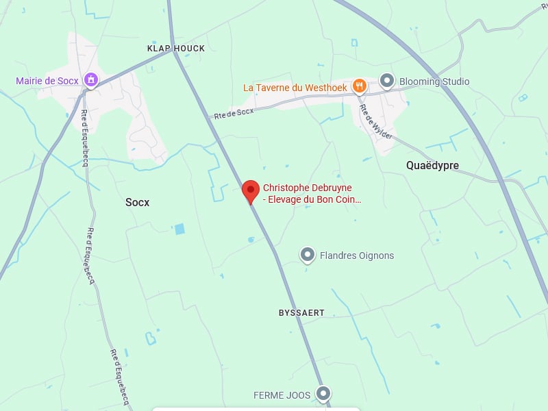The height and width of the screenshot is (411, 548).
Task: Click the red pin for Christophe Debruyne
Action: (x=251, y=190)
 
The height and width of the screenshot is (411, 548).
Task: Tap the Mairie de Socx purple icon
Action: (x=90, y=80)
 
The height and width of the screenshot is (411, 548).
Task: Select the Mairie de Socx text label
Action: (x=47, y=81)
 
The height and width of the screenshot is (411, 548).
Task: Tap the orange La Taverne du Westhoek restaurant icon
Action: (x=359, y=86)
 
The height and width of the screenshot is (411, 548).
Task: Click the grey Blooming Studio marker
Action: (x=387, y=81)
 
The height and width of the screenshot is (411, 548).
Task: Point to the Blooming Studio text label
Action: (x=434, y=82)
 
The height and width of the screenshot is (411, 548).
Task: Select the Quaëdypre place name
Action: (x=432, y=165)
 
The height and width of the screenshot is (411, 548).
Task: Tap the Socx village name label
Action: (x=137, y=202)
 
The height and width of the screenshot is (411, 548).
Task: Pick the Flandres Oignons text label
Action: (x=357, y=256)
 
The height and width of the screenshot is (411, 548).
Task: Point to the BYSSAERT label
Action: (x=301, y=312)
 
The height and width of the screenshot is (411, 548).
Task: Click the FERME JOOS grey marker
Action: (x=323, y=393)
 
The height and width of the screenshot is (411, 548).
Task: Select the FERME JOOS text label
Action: (x=282, y=395)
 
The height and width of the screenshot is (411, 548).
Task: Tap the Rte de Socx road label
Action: (x=234, y=113)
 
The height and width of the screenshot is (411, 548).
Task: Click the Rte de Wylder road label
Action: (x=376, y=121)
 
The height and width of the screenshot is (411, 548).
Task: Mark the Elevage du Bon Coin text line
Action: (x=312, y=200)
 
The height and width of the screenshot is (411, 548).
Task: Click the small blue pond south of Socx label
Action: (x=179, y=229)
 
